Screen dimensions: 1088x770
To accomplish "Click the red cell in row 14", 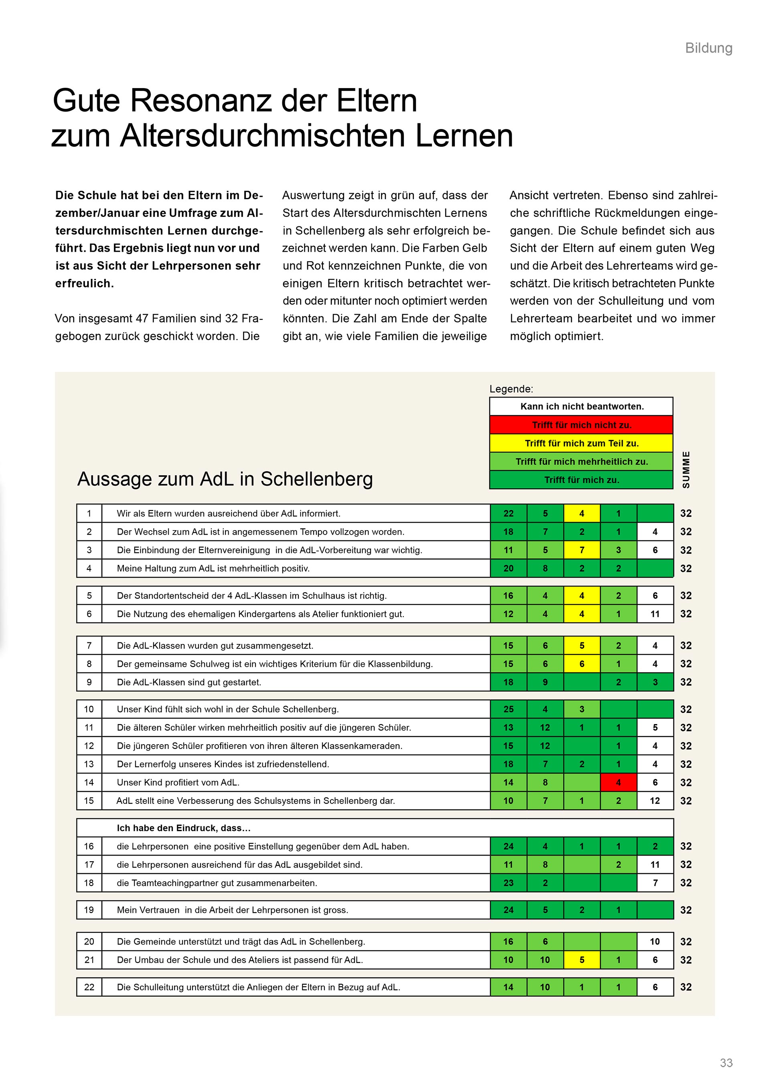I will click(x=618, y=782).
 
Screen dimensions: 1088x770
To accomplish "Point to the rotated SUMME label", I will click(x=686, y=470).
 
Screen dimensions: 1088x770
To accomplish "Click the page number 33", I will click(x=726, y=1063).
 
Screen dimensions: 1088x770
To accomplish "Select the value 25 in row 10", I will click(x=508, y=709).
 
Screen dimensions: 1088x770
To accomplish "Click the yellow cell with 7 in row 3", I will click(x=582, y=550).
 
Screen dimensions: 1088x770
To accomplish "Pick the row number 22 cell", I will click(x=89, y=987).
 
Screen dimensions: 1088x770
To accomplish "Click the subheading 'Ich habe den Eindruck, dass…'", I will click(x=184, y=828).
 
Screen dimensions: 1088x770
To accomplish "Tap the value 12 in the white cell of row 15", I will click(x=655, y=801).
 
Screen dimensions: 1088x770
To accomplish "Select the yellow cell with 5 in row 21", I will click(x=582, y=960).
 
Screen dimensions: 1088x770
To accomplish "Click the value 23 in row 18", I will click(x=508, y=883).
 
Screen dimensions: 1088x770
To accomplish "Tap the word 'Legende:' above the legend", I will click(x=511, y=389).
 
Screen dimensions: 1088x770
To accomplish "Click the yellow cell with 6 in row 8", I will click(x=582, y=664).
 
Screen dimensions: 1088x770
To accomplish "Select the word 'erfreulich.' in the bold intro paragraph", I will click(x=84, y=283).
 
